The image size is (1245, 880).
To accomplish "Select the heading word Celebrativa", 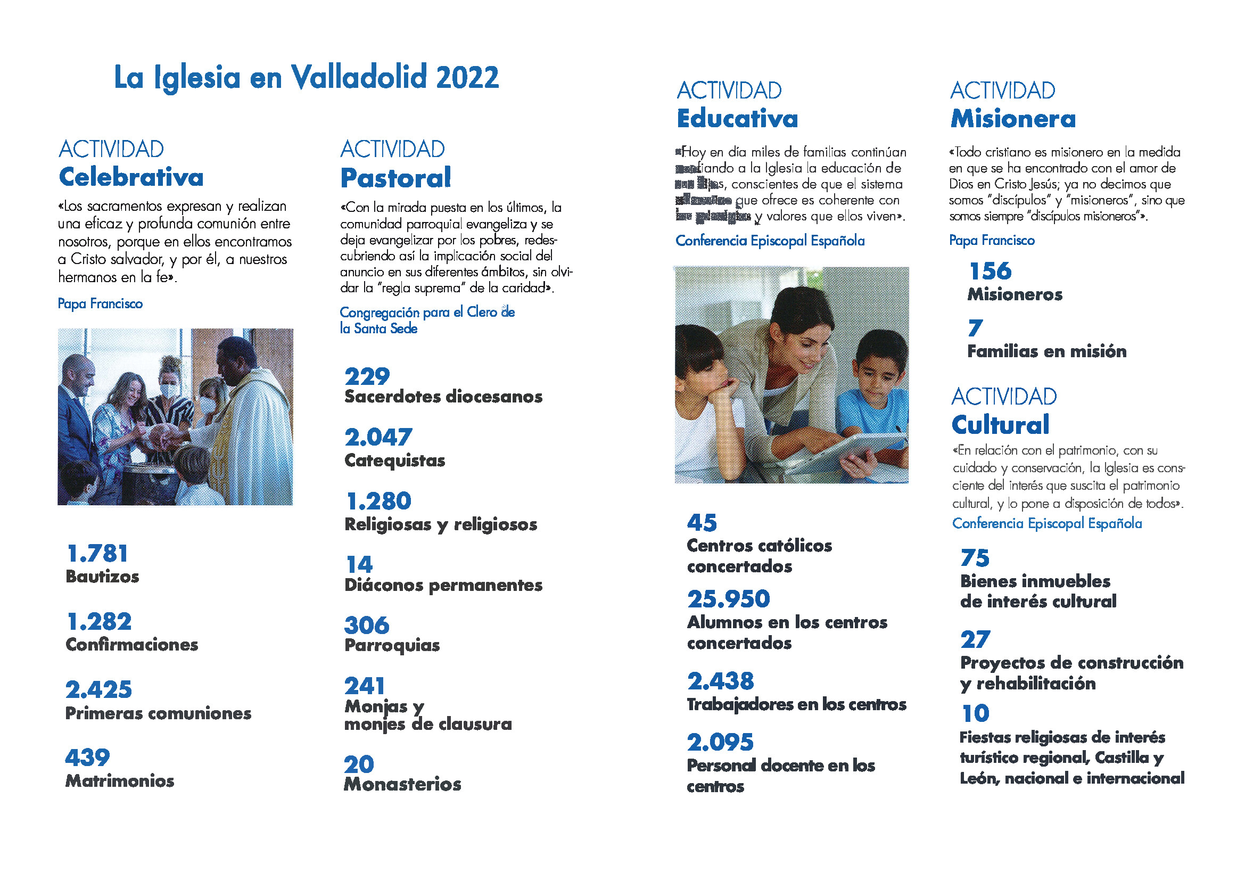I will pos(131,177).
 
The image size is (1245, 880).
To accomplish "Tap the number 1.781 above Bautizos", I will pos(97,554).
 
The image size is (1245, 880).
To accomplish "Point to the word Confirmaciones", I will pos(132,644).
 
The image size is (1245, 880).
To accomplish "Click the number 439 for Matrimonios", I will pos(87,758).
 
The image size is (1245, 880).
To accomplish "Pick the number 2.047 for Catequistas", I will pos(378,437).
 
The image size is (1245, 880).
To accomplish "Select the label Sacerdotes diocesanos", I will pos(443,397).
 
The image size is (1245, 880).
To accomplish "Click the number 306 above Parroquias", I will pos(367,625).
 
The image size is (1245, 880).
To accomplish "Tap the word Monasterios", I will pos(402,784).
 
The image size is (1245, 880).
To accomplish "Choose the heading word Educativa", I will pos(737,119).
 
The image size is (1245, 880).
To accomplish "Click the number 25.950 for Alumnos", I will pos(728,599).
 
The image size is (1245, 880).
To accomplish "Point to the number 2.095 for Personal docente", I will pos(720,742).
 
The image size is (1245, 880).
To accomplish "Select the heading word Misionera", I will pos(1013,119).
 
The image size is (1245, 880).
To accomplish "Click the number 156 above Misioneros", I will pos(990,271).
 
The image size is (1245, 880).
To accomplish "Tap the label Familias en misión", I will pos(1046,351).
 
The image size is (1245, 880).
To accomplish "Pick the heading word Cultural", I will pos(1001,424).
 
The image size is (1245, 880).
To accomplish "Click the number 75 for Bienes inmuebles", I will pos(975,558).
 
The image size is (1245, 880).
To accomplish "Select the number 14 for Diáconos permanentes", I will pos(359,565).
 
